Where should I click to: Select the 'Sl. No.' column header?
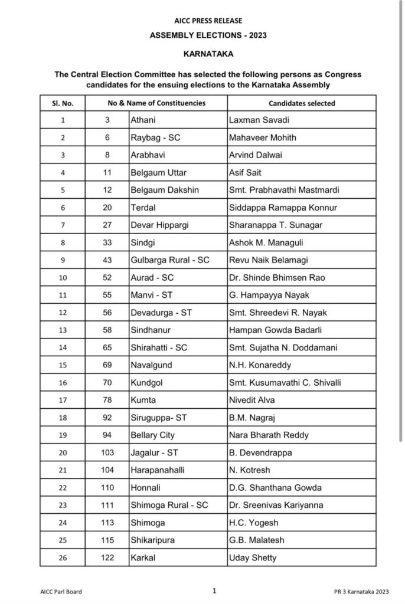63,103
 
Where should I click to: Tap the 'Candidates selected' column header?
302,103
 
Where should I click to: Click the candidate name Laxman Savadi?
256,120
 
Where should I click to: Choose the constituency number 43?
107,260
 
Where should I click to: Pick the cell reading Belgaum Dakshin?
165,190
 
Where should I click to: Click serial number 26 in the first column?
63,558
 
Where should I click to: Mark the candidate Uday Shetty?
252,558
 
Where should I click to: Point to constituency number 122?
107,558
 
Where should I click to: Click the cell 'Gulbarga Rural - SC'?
170,260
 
